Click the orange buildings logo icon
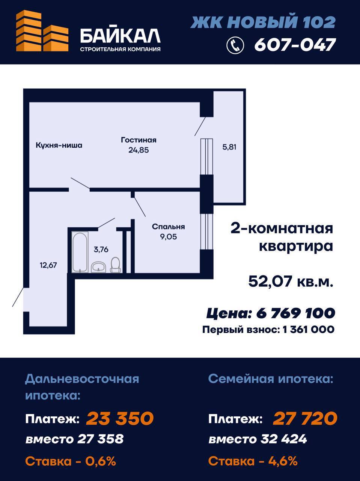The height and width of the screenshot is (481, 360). tap(42, 31)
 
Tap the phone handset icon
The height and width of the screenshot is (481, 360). tap(235, 45)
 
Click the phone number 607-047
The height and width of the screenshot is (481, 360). tap(295, 45)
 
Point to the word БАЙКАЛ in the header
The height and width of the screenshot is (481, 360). tap(121, 36)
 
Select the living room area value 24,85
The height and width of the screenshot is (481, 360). tap(139, 150)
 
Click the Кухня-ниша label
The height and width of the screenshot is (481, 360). tap(59, 145)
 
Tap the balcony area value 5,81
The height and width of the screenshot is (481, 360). tap(229, 147)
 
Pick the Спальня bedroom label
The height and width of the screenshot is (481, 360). tap(168, 227)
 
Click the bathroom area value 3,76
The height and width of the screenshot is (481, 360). tap(101, 250)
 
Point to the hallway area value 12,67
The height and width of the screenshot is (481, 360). tap(48, 265)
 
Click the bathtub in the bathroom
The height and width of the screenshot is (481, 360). tap(80, 252)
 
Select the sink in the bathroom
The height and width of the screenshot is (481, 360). tap(99, 267)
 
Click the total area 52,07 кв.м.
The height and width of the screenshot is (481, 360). tap(291, 281)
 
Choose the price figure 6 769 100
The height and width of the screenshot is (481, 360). tap(295, 313)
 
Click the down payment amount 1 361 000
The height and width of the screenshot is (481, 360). tap(309, 329)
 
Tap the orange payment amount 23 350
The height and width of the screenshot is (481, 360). tap(120, 418)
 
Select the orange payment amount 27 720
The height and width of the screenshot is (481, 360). tap(305, 418)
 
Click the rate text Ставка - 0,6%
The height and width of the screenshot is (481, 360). tap(71, 461)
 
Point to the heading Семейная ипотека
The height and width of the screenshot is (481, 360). tap(271, 379)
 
